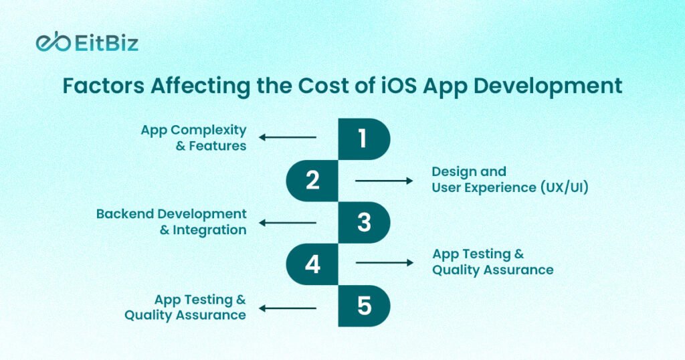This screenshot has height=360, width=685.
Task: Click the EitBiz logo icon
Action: click(53, 43)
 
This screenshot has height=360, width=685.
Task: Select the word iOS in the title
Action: click(389, 86)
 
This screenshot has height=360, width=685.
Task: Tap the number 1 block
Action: click(363, 139)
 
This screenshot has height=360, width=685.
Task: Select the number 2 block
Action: click(312, 181)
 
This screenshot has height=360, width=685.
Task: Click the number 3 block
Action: click(363, 222)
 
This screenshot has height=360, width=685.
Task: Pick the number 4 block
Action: click(312, 264)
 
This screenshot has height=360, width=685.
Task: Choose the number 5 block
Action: click(363, 306)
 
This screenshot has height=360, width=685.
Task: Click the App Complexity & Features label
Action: click(193, 137)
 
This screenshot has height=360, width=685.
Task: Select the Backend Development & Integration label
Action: click(171, 221)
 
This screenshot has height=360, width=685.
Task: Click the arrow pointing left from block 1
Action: click(288, 138)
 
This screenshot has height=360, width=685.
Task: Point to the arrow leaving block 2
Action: click(385, 180)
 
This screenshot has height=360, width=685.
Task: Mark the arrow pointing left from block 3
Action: click(288, 222)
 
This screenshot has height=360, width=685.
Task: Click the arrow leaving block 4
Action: click(385, 263)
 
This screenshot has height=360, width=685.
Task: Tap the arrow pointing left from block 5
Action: click(288, 308)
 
